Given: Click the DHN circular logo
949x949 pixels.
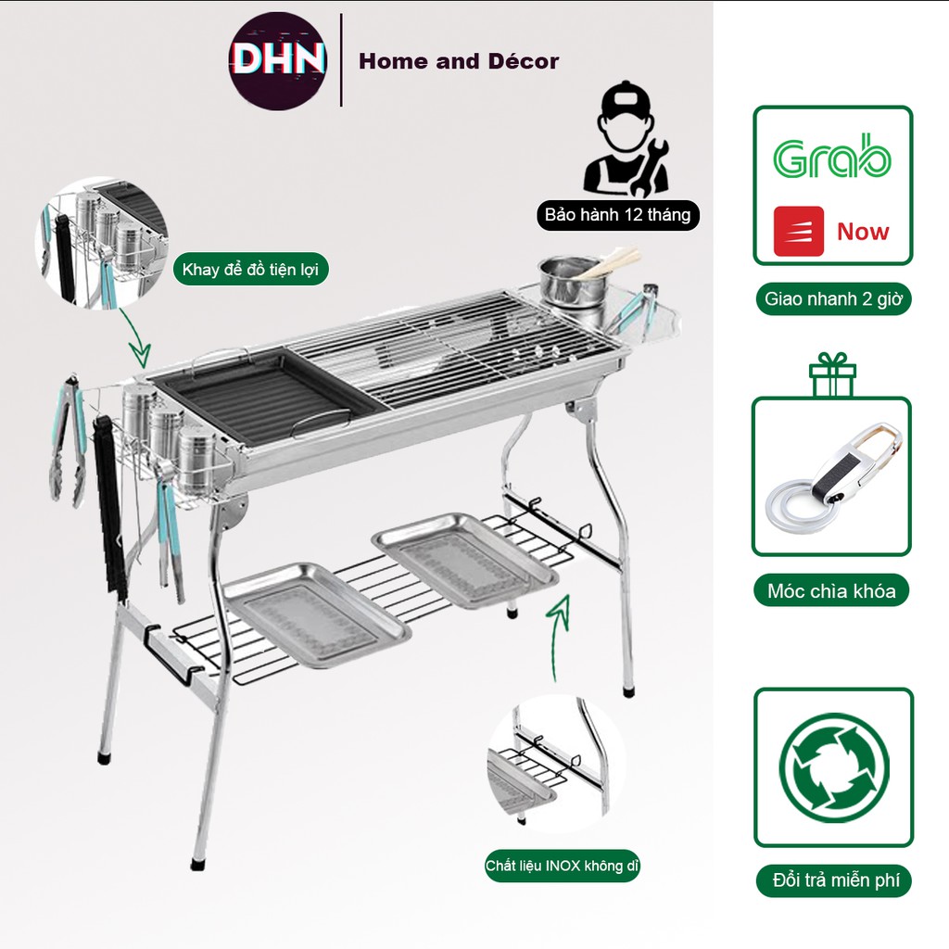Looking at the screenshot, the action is pyautogui.click(x=278, y=61).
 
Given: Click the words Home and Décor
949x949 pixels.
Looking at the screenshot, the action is pyautogui.click(x=459, y=61).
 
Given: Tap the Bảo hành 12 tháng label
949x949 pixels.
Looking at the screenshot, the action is pyautogui.click(x=618, y=215).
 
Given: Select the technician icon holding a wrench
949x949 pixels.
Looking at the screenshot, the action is pyautogui.click(x=626, y=139).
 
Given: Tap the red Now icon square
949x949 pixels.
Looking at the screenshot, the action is pyautogui.click(x=798, y=231).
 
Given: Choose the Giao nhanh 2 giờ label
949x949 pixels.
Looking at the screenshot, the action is pyautogui.click(x=833, y=299).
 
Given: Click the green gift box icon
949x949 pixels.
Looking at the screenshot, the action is pyautogui.click(x=832, y=374).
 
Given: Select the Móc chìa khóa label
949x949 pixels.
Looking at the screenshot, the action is pyautogui.click(x=831, y=590).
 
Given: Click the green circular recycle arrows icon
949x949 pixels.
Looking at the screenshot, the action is pyautogui.click(x=834, y=767).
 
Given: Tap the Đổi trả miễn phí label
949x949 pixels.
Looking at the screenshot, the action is pyautogui.click(x=834, y=880).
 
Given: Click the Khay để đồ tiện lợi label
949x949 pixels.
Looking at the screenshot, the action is pyautogui.click(x=250, y=270).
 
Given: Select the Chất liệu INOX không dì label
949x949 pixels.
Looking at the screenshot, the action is pyautogui.click(x=563, y=867).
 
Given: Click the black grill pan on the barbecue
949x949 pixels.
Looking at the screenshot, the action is pyautogui.click(x=268, y=393).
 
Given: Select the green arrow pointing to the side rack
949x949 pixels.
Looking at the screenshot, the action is pyautogui.click(x=134, y=337).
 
